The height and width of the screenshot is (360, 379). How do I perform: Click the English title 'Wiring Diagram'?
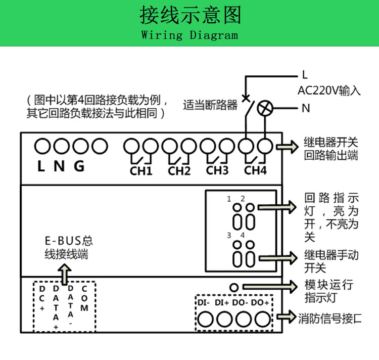point(189,35)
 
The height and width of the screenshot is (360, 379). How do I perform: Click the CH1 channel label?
point(141,171)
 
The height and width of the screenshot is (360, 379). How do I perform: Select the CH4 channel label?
point(255,171)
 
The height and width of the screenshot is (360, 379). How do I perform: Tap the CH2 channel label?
point(179,171)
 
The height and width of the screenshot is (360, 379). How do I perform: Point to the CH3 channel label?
point(217,170)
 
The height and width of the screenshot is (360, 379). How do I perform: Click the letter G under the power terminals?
point(79,166)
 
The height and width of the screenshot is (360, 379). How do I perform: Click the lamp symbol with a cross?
point(265,108)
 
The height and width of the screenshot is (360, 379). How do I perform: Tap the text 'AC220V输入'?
point(329,91)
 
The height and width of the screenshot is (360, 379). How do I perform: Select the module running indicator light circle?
point(234,287)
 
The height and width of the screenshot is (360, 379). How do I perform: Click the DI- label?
point(204,303)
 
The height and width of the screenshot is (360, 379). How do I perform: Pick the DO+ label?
point(260,303)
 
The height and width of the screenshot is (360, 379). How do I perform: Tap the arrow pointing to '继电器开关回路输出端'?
point(287,147)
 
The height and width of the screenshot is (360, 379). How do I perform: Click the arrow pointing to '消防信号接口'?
point(287,317)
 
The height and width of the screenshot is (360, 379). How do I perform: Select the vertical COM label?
point(84,298)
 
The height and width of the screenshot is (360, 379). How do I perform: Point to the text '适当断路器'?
point(210,105)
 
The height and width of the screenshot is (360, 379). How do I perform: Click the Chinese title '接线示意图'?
point(189,16)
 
